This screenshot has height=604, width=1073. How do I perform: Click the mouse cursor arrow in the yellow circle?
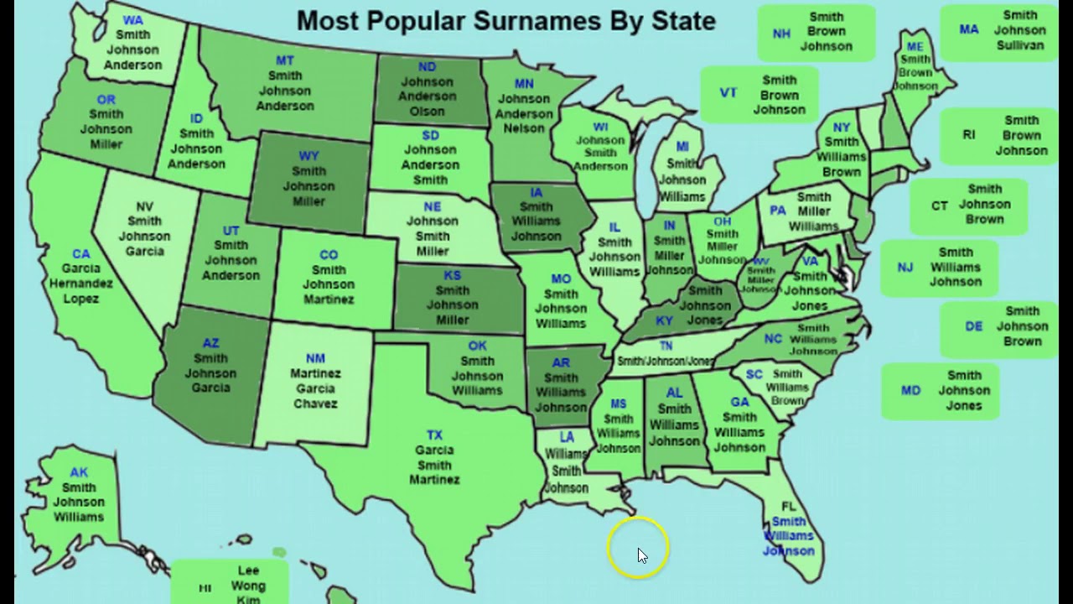click(x=642, y=555)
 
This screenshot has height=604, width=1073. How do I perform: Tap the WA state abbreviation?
click(x=132, y=20)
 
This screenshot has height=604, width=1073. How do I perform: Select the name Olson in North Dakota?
click(x=427, y=112)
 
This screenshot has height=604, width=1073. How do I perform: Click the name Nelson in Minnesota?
click(x=524, y=128)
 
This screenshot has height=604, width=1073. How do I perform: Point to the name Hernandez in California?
click(x=80, y=284)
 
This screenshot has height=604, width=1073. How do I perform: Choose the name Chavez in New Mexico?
click(x=315, y=404)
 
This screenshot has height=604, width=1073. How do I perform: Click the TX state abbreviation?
click(x=434, y=435)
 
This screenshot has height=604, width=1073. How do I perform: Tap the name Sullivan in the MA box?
click(x=1020, y=45)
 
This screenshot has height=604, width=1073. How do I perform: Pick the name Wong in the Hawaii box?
click(x=248, y=586)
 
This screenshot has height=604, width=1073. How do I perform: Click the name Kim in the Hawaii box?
click(x=248, y=599)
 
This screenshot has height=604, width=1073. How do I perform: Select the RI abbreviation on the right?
click(x=969, y=134)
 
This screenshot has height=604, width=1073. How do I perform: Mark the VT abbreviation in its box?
click(x=728, y=92)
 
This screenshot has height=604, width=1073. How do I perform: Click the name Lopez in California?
click(x=80, y=299)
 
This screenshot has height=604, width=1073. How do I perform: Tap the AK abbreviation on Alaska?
click(x=79, y=472)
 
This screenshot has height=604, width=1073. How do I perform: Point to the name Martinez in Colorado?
click(x=329, y=299)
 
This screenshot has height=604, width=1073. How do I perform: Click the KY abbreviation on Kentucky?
click(x=664, y=321)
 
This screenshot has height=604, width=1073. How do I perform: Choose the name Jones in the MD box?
click(x=964, y=405)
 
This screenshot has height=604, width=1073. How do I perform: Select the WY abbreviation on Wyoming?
click(x=308, y=156)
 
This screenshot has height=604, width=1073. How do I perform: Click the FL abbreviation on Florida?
click(x=789, y=507)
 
